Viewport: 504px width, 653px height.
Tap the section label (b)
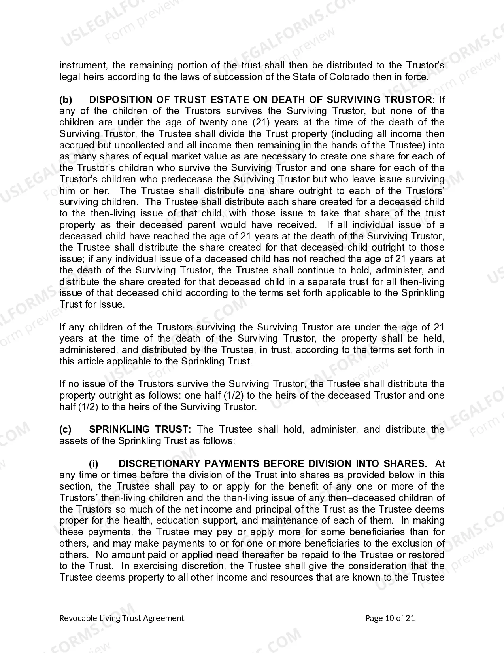pos(66,100)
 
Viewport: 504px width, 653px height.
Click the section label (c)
pos(65,429)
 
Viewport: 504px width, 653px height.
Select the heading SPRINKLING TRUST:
pos(140,429)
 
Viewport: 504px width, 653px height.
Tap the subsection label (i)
pos(94,464)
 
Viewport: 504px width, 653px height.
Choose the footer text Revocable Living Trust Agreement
pos(122,618)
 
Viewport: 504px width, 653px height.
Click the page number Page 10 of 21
pos(390,618)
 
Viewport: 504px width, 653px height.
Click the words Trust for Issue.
pos(92,305)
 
